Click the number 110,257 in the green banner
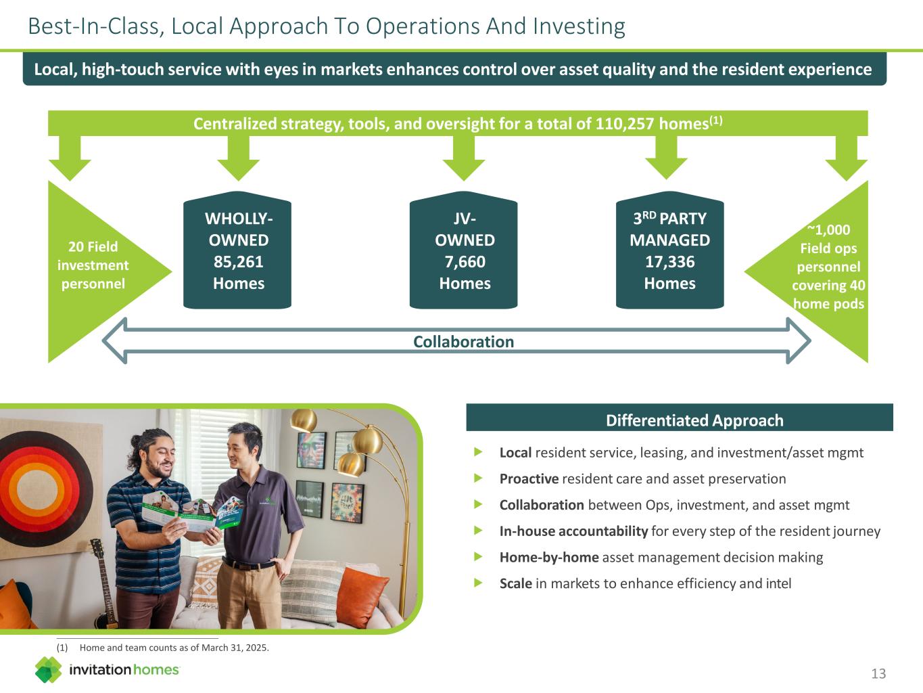[x=621, y=124]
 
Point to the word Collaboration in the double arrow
[x=463, y=342]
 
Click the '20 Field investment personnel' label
[x=93, y=265]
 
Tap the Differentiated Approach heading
[x=694, y=420]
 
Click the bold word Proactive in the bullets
[x=529, y=479]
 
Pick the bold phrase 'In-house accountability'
[x=573, y=531]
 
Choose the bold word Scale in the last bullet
[x=516, y=583]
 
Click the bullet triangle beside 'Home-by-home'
[x=479, y=557]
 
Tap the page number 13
[x=878, y=673]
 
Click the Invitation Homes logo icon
[x=48, y=670]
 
